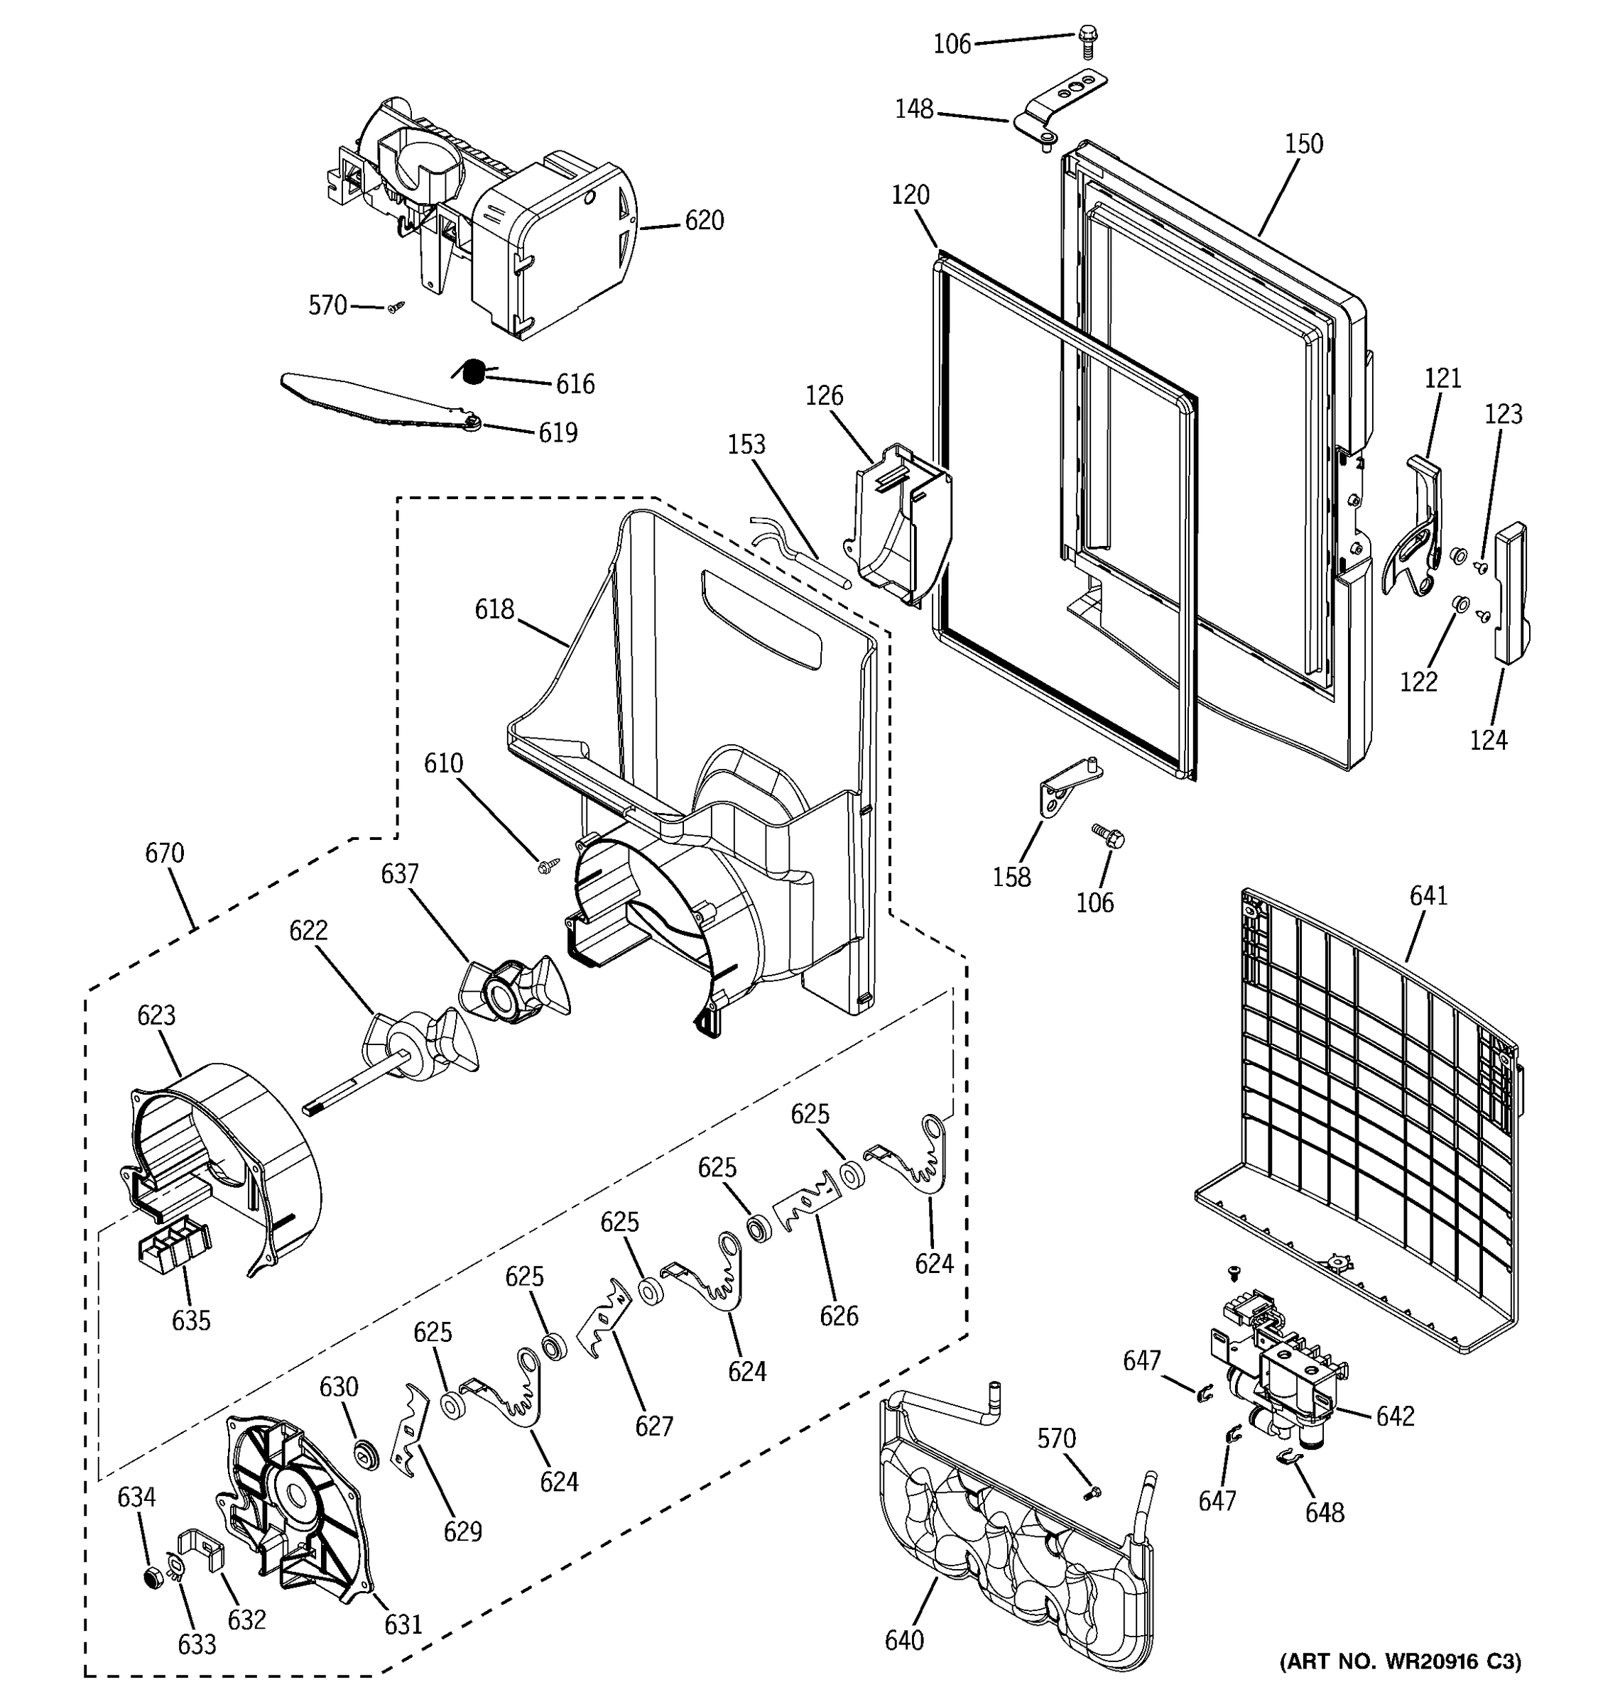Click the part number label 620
[x=704, y=221]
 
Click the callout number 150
[x=1303, y=144]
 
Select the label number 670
[x=165, y=853]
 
